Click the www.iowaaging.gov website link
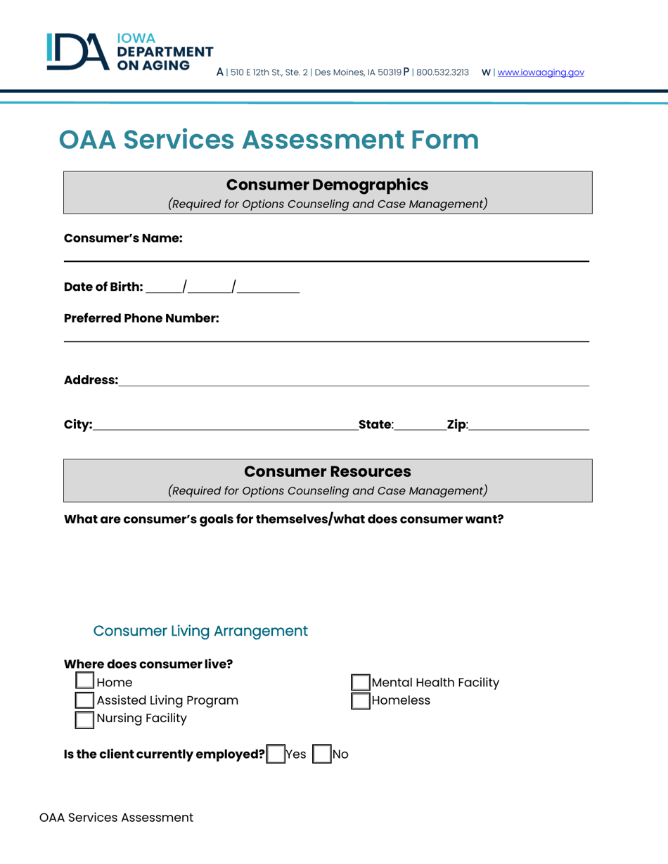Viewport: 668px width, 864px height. tap(541, 72)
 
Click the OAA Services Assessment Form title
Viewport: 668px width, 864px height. tap(269, 140)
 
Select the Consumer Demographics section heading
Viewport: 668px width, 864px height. tap(328, 185)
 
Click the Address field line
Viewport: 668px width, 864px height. tap(352, 381)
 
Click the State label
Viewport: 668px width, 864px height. tap(375, 424)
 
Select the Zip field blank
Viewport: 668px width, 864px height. tap(527, 424)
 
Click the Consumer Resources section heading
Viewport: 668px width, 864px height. tap(328, 471)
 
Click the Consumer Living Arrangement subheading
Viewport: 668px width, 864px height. tap(200, 630)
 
